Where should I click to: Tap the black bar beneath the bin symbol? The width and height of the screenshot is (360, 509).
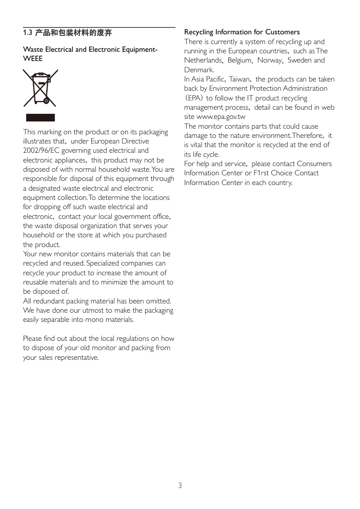41,118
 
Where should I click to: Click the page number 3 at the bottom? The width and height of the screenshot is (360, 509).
180,485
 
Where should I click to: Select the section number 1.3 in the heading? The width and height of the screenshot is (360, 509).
28,33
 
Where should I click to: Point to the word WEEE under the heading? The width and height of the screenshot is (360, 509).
33,59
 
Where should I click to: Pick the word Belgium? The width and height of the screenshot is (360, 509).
239,60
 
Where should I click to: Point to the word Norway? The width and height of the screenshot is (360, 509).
269,60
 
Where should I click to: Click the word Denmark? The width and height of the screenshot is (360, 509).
199,70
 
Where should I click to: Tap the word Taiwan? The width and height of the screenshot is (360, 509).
239,79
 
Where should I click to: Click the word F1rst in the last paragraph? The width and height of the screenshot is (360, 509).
262,173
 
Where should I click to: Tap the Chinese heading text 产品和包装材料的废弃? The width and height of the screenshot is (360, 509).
73,33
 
